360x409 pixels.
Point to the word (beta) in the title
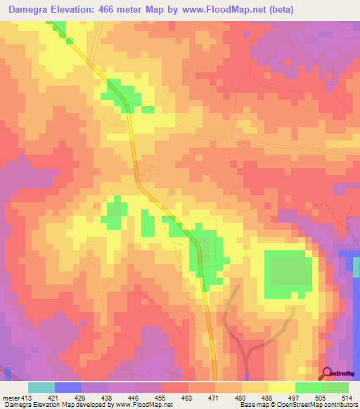[x=277, y=10]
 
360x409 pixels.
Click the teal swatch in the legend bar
[x=41, y=387]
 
